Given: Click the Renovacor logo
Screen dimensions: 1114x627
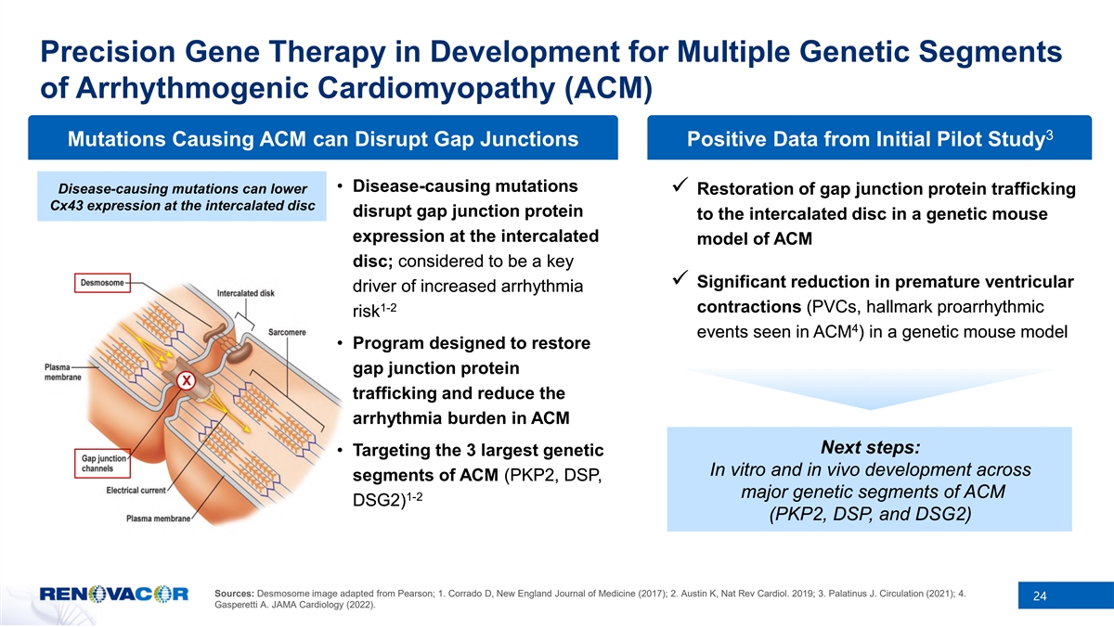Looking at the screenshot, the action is [114, 594].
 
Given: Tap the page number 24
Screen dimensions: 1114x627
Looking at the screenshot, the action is [1040, 595].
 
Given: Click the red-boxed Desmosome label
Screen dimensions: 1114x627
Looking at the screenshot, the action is [102, 283].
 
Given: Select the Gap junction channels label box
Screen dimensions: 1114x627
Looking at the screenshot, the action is [102, 464].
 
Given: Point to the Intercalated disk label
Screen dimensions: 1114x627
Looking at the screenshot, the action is [246, 294].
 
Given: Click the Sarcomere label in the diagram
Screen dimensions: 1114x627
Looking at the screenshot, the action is [287, 332].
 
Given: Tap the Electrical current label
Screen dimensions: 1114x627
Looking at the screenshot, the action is [136, 491].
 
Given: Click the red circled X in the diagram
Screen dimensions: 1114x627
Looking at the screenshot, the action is [186, 381].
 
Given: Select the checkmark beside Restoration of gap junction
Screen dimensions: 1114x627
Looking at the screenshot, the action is [680, 185].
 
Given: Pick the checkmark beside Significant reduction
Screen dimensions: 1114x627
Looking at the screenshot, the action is [680, 277].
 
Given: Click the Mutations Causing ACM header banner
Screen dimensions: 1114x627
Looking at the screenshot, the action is [323, 137].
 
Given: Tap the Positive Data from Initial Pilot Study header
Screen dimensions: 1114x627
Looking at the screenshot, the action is [869, 137].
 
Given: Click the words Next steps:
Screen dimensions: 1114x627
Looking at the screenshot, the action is [871, 447].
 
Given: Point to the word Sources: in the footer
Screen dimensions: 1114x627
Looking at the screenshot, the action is [234, 594].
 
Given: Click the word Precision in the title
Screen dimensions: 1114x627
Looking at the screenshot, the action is [108, 52].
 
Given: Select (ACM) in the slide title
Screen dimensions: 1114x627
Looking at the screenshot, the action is [608, 89].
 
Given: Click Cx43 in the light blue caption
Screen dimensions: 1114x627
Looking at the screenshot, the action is [67, 206].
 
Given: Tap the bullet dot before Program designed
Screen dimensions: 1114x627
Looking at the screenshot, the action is [340, 343].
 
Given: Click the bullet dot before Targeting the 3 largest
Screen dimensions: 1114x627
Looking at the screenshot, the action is [340, 451].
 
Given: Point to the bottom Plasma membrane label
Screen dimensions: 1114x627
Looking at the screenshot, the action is [158, 518].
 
